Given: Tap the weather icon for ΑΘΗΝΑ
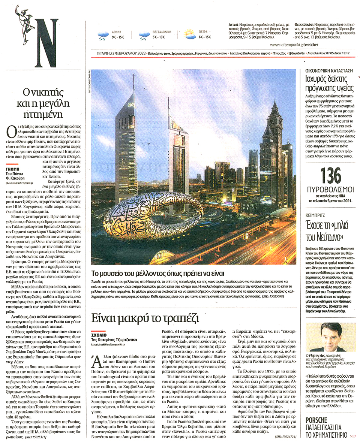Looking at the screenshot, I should point(103,36).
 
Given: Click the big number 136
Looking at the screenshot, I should point(331,176).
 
